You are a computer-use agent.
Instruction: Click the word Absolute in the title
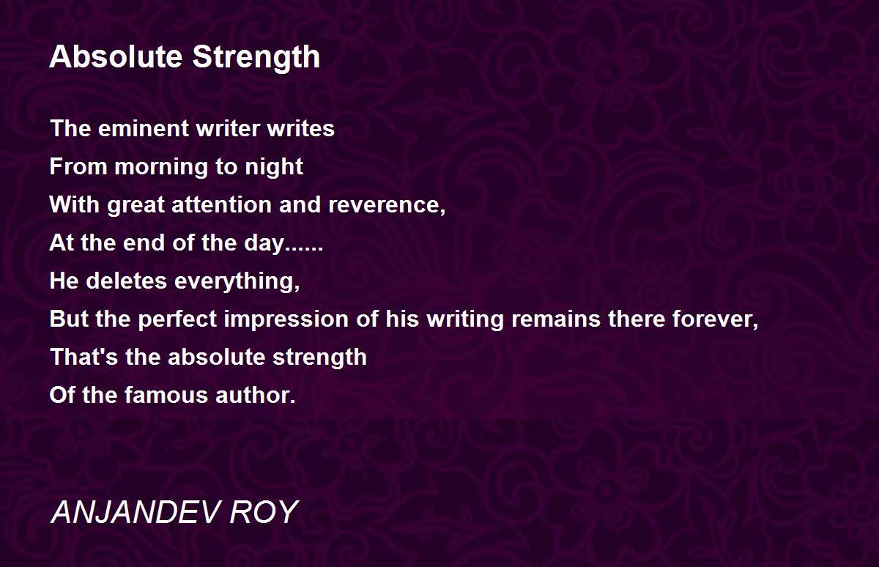coord(116,57)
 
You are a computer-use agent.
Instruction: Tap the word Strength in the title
coord(256,58)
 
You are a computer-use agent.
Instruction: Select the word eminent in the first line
coord(144,129)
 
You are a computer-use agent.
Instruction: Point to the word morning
coord(162,168)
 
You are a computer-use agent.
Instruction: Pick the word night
coord(274,168)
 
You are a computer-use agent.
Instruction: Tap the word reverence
coord(387,205)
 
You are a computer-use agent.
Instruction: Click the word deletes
coord(126,281)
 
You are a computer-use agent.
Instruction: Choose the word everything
coord(237,282)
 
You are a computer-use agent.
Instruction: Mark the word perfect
coord(177,319)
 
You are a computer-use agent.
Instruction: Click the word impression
coord(286,319)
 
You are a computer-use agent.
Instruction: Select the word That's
coord(84,357)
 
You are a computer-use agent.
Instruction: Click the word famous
coord(166,395)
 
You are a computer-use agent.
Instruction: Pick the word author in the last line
coord(256,395)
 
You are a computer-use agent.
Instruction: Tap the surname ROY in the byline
coord(264,512)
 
